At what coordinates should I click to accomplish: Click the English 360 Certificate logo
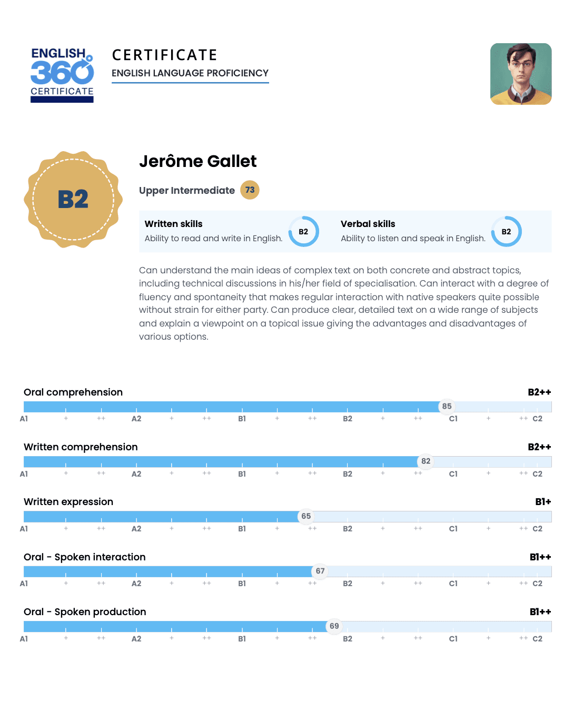click(x=62, y=74)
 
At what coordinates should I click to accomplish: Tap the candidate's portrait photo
click(x=521, y=74)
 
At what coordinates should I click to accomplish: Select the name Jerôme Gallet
click(x=197, y=161)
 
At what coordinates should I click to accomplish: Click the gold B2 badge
click(x=73, y=200)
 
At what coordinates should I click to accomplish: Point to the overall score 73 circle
click(x=250, y=190)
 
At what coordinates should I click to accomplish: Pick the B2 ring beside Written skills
click(x=303, y=232)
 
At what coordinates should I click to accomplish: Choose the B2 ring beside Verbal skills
click(x=506, y=232)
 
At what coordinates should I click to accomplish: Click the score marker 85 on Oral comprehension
click(x=447, y=406)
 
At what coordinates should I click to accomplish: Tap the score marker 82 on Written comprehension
click(x=426, y=461)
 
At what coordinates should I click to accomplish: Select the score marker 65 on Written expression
click(x=306, y=516)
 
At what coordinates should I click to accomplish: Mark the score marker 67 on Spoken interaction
click(x=320, y=571)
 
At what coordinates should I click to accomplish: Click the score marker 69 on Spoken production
click(x=334, y=626)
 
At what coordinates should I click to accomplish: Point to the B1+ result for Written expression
click(x=543, y=502)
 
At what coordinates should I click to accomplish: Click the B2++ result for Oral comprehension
click(x=539, y=392)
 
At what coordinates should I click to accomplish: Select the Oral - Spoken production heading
click(x=85, y=612)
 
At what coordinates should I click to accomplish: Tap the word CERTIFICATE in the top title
click(x=165, y=55)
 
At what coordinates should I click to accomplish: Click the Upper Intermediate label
click(x=187, y=191)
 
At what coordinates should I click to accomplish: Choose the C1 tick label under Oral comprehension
click(x=453, y=419)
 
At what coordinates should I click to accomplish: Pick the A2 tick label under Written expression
click(x=136, y=529)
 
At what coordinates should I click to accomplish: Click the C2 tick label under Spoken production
click(x=537, y=639)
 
